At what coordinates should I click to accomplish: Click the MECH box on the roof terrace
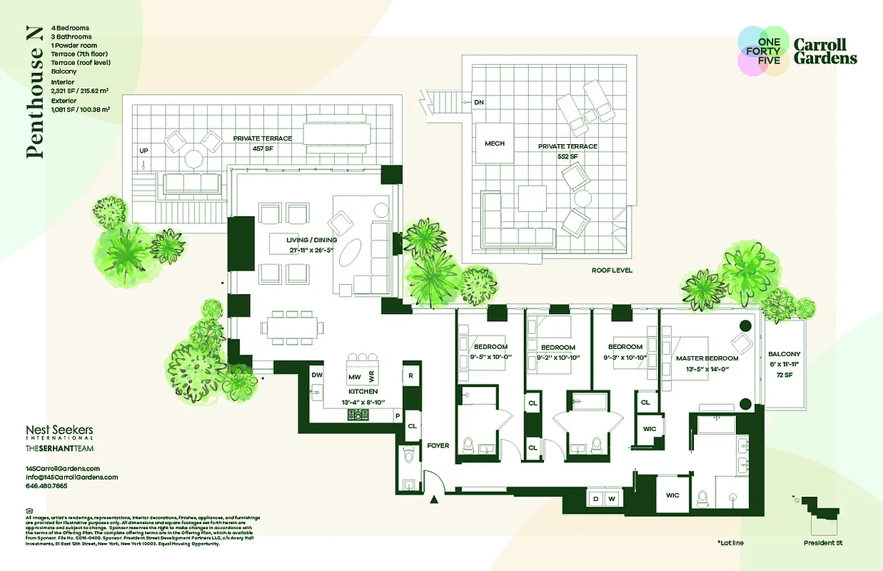[x=495, y=143]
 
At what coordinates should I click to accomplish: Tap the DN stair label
[x=479, y=103]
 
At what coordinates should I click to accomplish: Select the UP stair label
[x=143, y=151]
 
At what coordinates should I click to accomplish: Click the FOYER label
[x=438, y=445]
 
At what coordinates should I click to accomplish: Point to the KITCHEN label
[x=363, y=392]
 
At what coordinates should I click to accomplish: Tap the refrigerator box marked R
[x=410, y=375]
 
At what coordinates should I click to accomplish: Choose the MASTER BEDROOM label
[x=707, y=358]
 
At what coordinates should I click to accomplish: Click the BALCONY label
[x=784, y=354]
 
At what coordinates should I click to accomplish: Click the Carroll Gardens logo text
[x=825, y=51]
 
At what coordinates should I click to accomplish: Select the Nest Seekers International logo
[x=59, y=433]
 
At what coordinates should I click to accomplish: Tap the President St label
[x=822, y=543]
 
